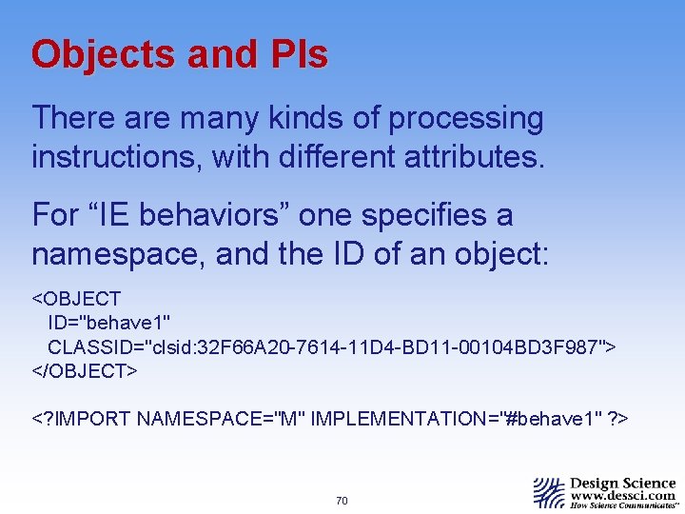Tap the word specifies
tap(442, 215)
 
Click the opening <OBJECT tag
tap(76, 301)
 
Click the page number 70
tap(342, 501)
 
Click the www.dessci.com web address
tap(622, 496)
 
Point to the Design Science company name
tap(622, 483)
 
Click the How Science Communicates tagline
tap(622, 506)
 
